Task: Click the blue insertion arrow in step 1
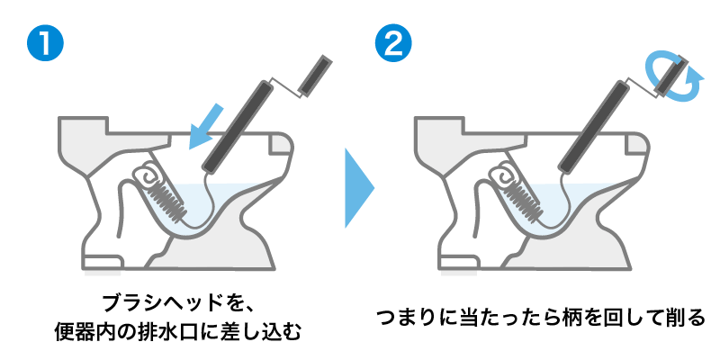205,126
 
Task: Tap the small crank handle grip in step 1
316,74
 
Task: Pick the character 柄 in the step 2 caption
563,318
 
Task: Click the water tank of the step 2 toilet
436,144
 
